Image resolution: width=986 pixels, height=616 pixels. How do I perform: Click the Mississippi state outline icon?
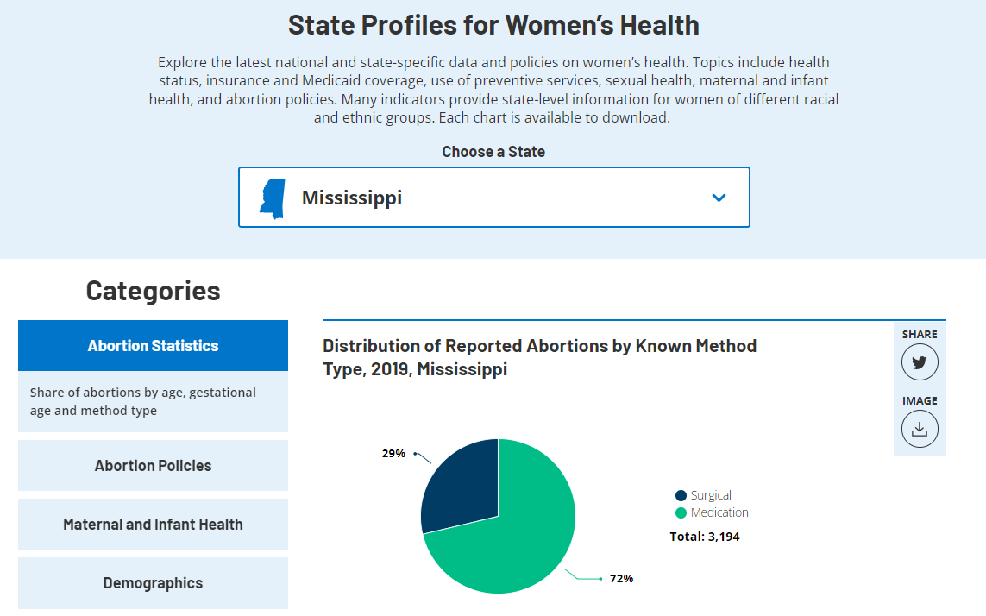click(272, 198)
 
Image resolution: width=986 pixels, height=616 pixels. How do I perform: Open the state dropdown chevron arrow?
click(719, 198)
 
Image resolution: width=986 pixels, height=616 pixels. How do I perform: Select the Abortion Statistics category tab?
click(153, 346)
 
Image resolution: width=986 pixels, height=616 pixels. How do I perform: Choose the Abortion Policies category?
click(153, 466)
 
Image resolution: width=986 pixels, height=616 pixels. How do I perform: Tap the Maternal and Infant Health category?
click(153, 525)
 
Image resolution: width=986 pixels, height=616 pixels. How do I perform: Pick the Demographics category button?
click(153, 583)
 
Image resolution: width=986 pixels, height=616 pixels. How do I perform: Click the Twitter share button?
click(920, 362)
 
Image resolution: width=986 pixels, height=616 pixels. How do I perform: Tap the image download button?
click(920, 429)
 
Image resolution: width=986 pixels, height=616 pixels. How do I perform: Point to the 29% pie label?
click(393, 453)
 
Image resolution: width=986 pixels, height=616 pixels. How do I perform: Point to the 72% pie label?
click(621, 579)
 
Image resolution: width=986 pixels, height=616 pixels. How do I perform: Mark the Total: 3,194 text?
click(705, 537)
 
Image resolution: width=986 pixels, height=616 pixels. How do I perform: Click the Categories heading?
click(153, 291)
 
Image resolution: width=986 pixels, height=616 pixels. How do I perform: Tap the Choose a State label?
click(493, 152)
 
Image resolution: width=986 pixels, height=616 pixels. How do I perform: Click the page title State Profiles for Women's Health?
click(493, 25)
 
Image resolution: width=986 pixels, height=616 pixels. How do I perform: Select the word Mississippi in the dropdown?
click(352, 198)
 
